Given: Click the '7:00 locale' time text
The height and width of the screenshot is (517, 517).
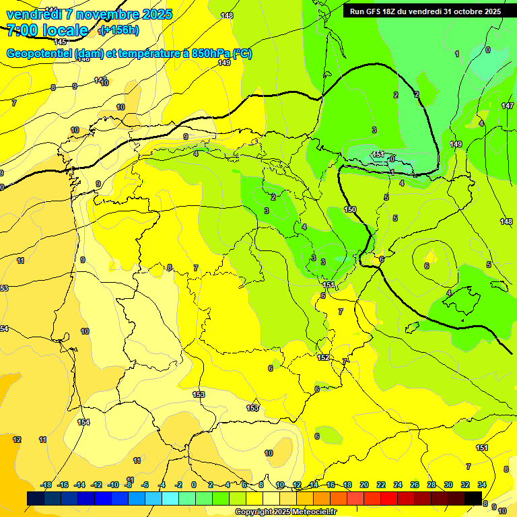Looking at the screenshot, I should (48, 30).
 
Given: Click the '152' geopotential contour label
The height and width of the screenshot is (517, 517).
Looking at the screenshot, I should (323, 357).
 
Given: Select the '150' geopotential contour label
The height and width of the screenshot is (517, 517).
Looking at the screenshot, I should (350, 210).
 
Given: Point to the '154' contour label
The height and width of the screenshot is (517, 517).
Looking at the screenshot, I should (83, 422).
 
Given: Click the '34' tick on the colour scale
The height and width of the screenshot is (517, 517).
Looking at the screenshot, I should (482, 485).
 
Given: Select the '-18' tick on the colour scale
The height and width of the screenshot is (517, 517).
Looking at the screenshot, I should (46, 485).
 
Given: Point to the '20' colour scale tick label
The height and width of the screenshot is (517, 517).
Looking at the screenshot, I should (364, 485).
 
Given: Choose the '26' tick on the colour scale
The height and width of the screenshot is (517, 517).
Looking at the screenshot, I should (415, 485).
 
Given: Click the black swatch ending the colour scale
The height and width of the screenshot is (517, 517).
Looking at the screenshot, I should (473, 498).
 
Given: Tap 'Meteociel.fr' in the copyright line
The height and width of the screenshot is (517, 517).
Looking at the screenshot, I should (311, 512).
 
